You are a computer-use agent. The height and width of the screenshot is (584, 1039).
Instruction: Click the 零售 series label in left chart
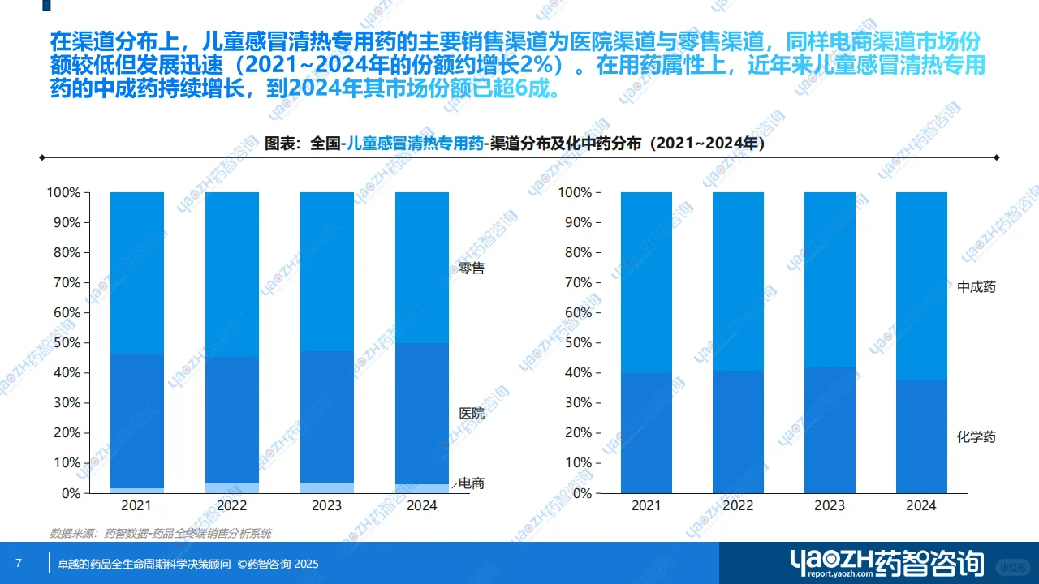click(471, 268)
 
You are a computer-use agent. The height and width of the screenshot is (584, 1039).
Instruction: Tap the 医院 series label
click(471, 414)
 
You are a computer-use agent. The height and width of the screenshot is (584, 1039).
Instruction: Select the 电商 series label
click(472, 483)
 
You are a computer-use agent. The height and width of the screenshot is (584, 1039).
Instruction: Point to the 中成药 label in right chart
click(976, 287)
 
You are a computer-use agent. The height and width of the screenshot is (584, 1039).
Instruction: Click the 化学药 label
click(976, 437)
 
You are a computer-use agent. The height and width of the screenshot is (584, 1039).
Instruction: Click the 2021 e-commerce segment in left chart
click(137, 490)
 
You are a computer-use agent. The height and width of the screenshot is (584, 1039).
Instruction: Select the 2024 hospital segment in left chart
click(421, 414)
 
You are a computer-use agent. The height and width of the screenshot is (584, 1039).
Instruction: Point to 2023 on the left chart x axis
click(327, 505)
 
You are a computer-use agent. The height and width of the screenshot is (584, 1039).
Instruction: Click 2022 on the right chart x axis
click(738, 505)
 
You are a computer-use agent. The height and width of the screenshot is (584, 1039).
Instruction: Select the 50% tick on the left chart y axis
click(64, 343)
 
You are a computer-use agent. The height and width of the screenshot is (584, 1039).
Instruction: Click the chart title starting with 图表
click(515, 144)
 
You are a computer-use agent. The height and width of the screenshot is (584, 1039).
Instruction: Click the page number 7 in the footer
click(19, 563)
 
